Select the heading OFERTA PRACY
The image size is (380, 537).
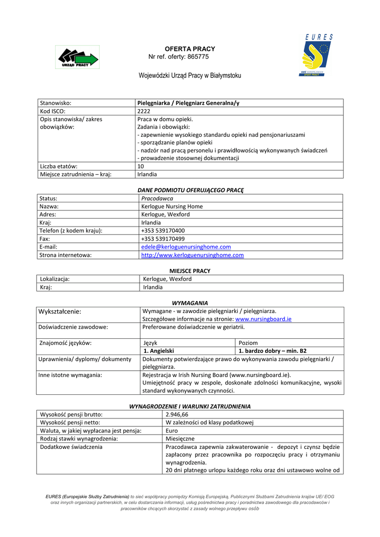coord(183,49)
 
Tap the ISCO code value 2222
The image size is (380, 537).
coord(143,111)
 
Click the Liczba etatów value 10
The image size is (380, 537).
coord(140,166)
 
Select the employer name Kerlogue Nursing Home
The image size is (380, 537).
coord(172,207)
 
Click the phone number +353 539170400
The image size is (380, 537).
coord(163,231)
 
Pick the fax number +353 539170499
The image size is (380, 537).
coord(163,239)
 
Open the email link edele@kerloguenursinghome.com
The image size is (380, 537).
coord(186,247)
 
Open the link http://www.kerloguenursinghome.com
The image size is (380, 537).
coord(192,255)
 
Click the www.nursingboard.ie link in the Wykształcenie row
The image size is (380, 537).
coord(263,319)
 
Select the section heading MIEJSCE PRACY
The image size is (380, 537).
coord(189,271)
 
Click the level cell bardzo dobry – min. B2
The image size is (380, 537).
coord(272,351)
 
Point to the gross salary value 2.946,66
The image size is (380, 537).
coord(177,414)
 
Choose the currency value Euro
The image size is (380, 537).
coord(172,431)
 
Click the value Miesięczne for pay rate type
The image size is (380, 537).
coord(180,438)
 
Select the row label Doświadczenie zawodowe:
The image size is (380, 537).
coord(73,327)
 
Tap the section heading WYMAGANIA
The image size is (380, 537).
coord(190,303)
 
